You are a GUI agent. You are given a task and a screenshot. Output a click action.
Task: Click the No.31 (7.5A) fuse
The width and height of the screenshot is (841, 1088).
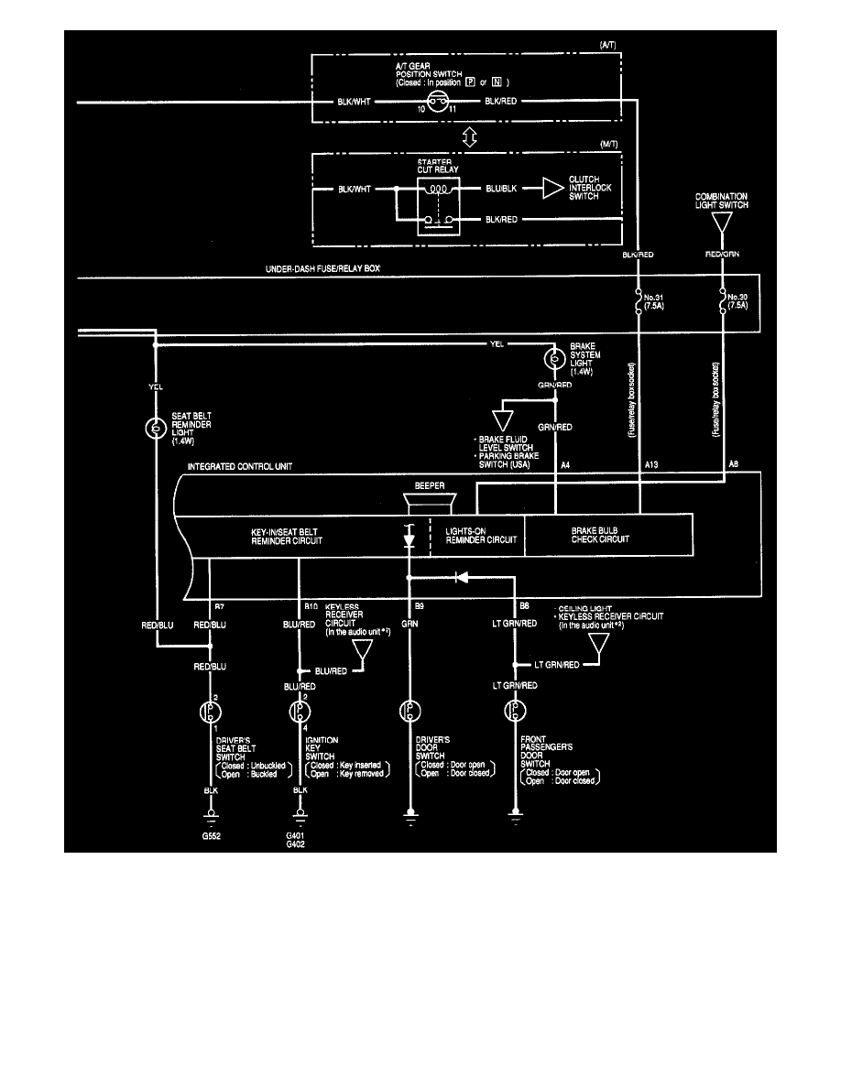tap(639, 302)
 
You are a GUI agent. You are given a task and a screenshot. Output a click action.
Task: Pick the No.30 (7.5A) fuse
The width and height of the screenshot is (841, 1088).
tap(723, 302)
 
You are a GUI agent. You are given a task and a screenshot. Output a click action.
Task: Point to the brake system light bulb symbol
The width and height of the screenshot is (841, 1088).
tap(555, 359)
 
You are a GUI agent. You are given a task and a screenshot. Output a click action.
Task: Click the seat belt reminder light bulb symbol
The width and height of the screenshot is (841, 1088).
tap(157, 428)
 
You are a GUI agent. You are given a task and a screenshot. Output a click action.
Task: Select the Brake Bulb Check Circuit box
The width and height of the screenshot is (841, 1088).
tap(606, 535)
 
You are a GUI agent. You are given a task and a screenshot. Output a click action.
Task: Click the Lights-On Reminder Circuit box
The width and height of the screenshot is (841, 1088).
tap(476, 535)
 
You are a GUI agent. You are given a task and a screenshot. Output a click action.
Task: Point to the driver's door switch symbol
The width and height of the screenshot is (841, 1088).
tap(410, 712)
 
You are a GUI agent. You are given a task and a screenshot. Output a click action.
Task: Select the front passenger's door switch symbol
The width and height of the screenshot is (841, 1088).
tap(515, 712)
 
